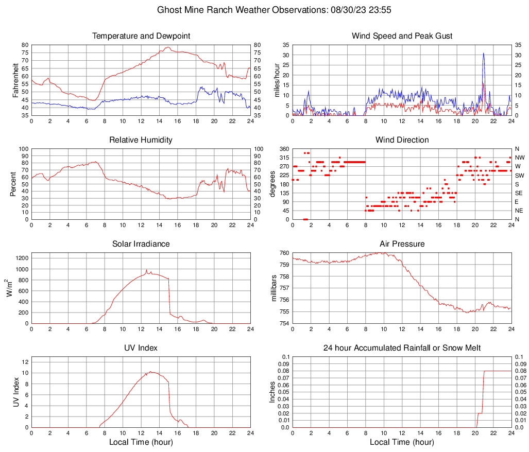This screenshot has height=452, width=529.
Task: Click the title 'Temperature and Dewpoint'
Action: (x=141, y=36)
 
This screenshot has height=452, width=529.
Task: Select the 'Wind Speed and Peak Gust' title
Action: (x=402, y=36)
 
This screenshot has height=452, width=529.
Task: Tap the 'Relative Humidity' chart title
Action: (x=141, y=140)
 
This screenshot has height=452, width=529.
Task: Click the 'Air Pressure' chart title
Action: (x=402, y=244)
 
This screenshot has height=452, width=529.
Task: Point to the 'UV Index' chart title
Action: (x=141, y=348)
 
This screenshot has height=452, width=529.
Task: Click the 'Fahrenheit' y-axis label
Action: (x=15, y=80)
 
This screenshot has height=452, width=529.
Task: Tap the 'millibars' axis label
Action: (x=274, y=288)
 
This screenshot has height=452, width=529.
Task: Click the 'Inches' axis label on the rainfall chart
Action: (x=273, y=392)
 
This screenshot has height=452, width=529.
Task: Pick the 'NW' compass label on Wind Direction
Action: (x=519, y=158)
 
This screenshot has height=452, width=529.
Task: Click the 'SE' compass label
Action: (x=519, y=193)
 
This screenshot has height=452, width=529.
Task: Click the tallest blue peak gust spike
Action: (x=484, y=54)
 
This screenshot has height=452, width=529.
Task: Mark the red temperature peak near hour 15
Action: (x=167, y=47)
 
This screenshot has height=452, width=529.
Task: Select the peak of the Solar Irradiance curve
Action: (x=146, y=270)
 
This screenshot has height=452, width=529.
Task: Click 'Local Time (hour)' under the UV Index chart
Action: (x=141, y=442)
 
